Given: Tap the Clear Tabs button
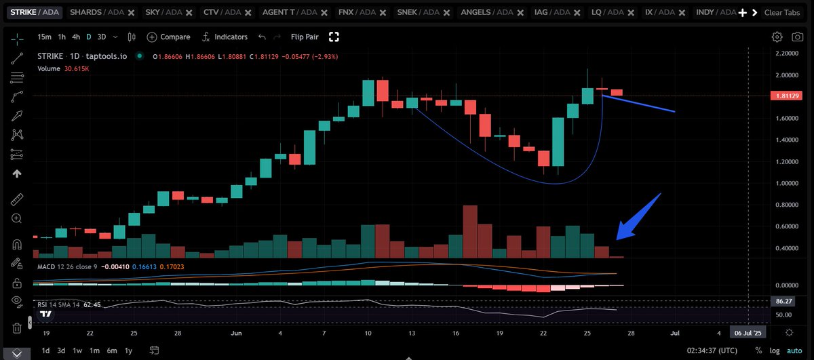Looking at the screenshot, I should point(782,13).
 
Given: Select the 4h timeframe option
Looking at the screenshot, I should point(76,37).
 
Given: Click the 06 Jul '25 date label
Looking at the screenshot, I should point(748,333).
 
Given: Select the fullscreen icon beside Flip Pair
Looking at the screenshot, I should point(334,37).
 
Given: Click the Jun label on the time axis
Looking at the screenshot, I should point(235,333).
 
